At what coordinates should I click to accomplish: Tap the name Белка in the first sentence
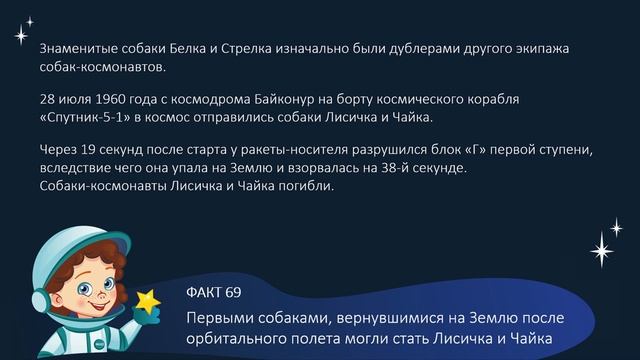coord(188,49)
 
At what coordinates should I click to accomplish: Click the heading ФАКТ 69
coord(214,292)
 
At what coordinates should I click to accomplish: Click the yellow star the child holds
coord(150,301)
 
